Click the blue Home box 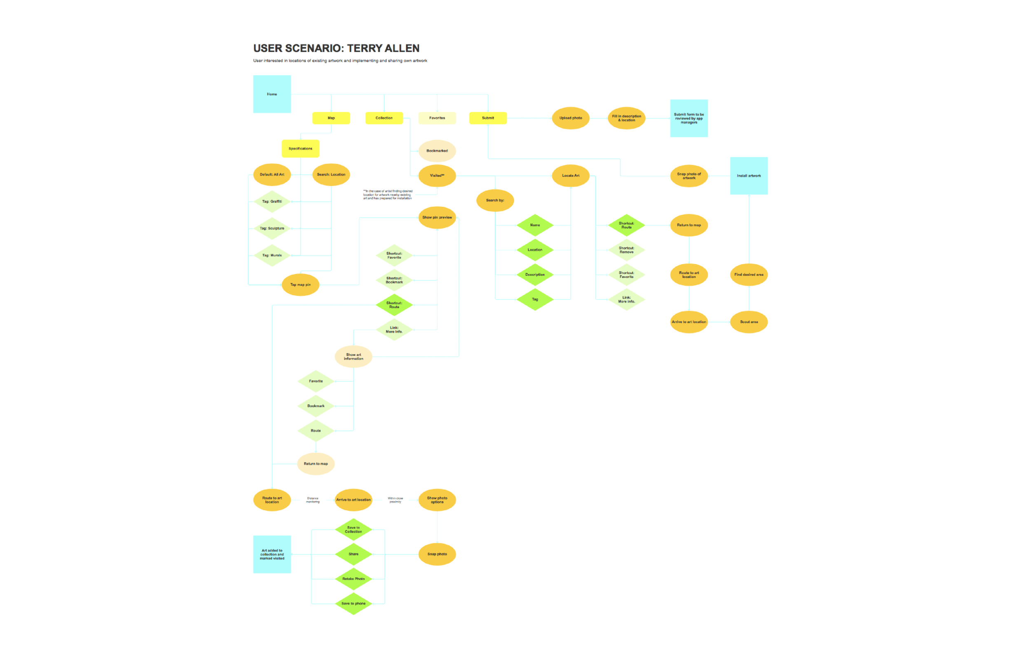(272, 94)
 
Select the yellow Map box (331, 118)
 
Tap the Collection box (384, 118)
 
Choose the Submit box (488, 118)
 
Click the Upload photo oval (571, 118)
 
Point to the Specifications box (300, 149)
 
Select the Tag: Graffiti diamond (272, 201)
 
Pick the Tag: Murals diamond (272, 255)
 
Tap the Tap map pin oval (300, 285)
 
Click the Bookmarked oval (437, 151)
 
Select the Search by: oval (495, 200)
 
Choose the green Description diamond (535, 275)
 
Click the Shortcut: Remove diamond (626, 250)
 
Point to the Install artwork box (749, 176)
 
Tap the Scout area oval (749, 322)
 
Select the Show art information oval (353, 357)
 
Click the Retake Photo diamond (353, 579)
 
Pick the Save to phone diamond (353, 604)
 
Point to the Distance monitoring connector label (313, 500)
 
